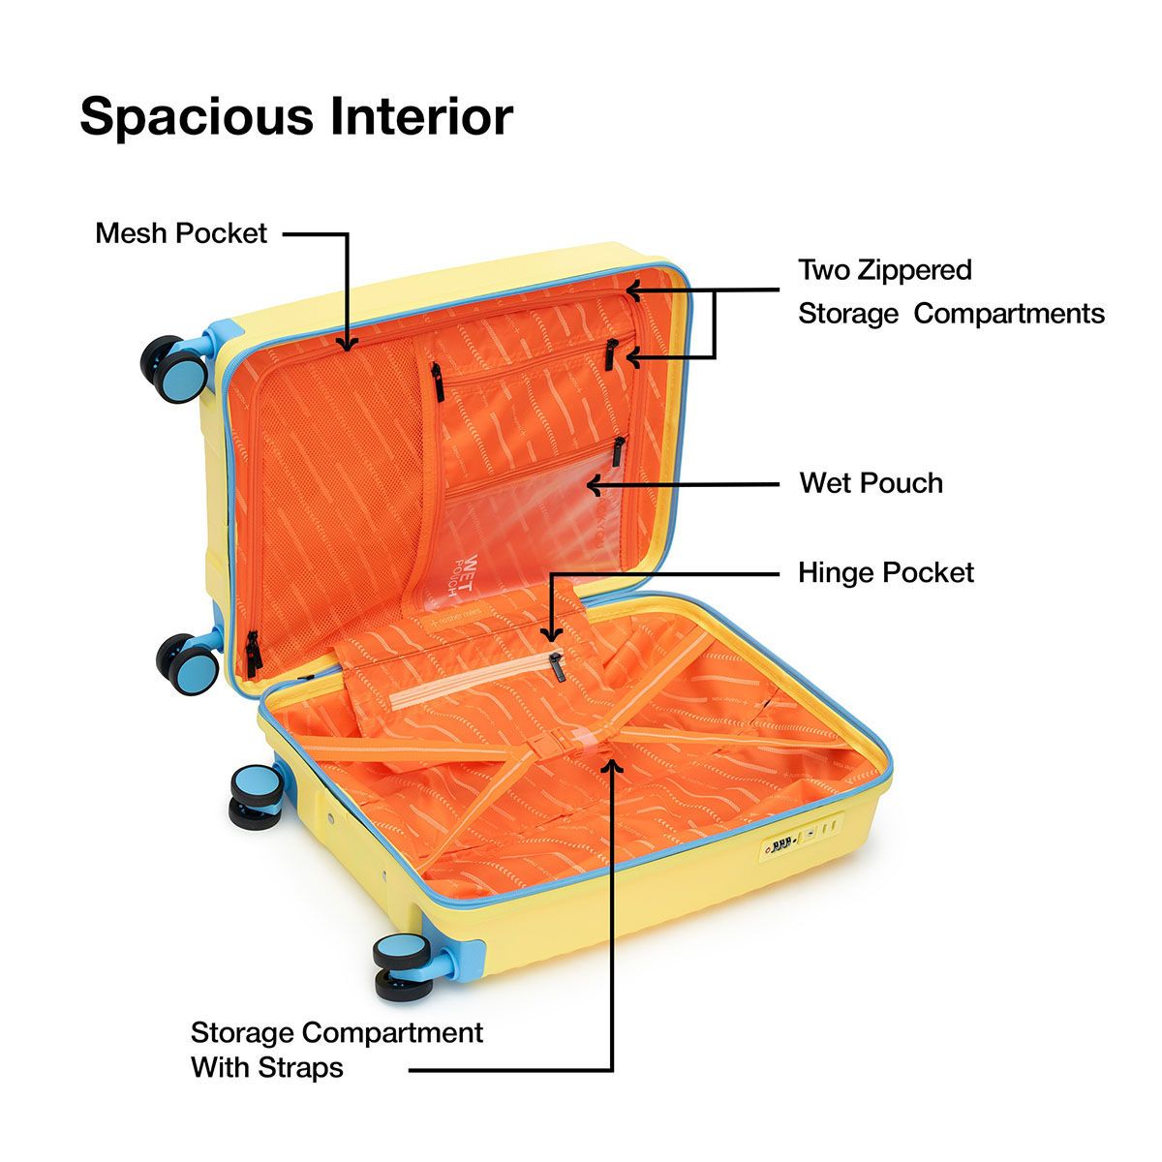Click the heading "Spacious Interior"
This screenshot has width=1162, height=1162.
coord(295,116)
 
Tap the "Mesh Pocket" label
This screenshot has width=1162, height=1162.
coord(181,233)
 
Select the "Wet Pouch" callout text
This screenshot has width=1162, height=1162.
coord(871,483)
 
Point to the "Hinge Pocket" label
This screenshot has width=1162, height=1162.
coord(885,573)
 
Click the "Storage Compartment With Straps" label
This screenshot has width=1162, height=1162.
coord(336,1050)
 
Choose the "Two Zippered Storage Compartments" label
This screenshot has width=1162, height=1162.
coord(951,291)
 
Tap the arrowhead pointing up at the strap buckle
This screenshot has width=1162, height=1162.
coord(611,765)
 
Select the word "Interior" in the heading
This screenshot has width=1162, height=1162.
coord(421,116)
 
